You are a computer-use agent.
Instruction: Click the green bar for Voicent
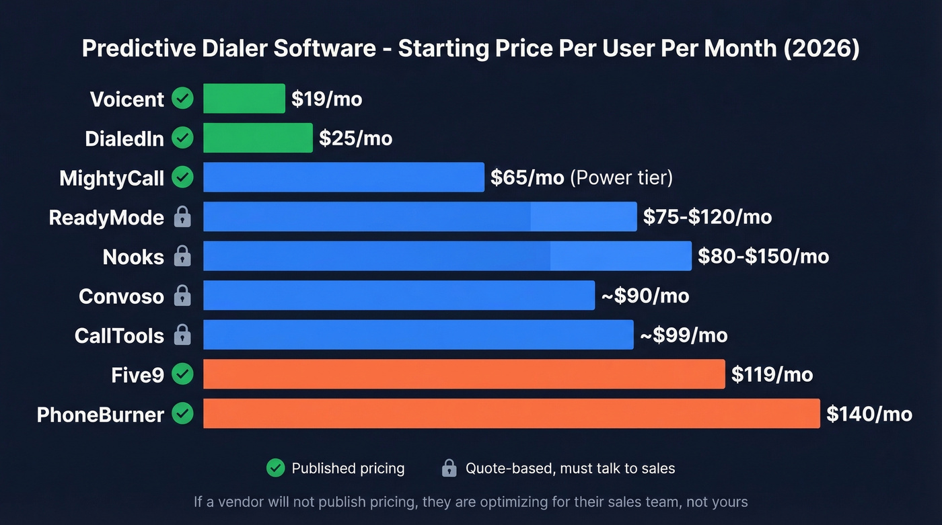click(244, 99)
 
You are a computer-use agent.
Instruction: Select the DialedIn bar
click(258, 138)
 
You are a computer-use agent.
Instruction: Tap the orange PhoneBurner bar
click(511, 413)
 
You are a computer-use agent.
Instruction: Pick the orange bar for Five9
click(464, 374)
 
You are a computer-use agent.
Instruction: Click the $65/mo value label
click(527, 177)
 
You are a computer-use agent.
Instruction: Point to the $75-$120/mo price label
click(707, 216)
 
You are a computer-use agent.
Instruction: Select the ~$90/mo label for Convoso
click(645, 296)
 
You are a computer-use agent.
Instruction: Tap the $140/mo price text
click(869, 413)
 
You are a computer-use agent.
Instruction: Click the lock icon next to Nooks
click(182, 256)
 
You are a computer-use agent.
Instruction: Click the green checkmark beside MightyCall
click(182, 177)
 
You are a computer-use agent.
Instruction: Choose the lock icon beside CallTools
click(182, 335)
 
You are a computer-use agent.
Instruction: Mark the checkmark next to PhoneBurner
click(182, 413)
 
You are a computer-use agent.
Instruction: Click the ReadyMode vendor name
click(106, 217)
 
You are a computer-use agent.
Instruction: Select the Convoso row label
click(121, 296)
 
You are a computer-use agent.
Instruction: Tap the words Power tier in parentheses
click(621, 177)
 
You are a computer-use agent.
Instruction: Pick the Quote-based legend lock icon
click(449, 469)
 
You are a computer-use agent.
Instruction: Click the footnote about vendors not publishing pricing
click(470, 501)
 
